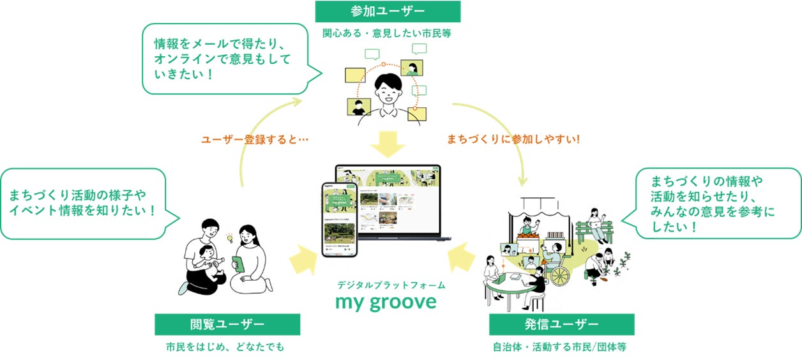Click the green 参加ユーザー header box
(x=387, y=11)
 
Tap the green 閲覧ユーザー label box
(x=227, y=324)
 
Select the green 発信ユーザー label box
(x=561, y=324)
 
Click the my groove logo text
(x=386, y=301)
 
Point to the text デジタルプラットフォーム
(x=391, y=285)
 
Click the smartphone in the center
(x=340, y=219)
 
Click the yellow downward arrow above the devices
(x=388, y=144)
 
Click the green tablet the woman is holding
(x=239, y=264)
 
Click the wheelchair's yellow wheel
(x=559, y=275)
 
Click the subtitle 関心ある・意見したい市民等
(x=387, y=34)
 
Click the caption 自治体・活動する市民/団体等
(x=561, y=348)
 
